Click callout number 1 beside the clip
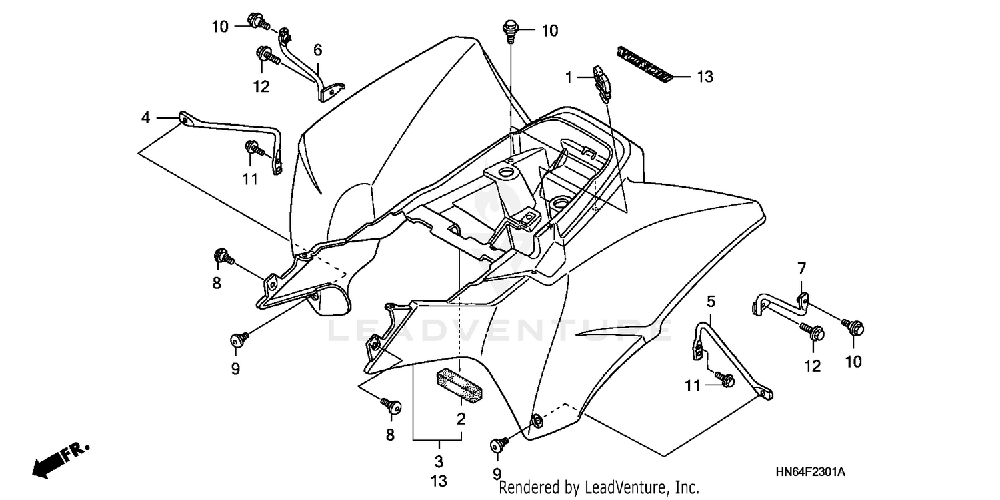(569, 78)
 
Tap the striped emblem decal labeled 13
(643, 65)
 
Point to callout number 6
(317, 49)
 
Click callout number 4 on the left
(145, 118)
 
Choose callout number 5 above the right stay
(711, 302)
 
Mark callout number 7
(802, 269)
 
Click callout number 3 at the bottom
(439, 461)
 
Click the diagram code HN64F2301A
(810, 473)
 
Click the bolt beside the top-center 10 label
(511, 30)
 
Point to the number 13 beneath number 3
(439, 481)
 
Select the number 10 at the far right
(853, 362)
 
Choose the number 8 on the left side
(217, 283)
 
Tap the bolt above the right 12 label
(813, 330)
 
